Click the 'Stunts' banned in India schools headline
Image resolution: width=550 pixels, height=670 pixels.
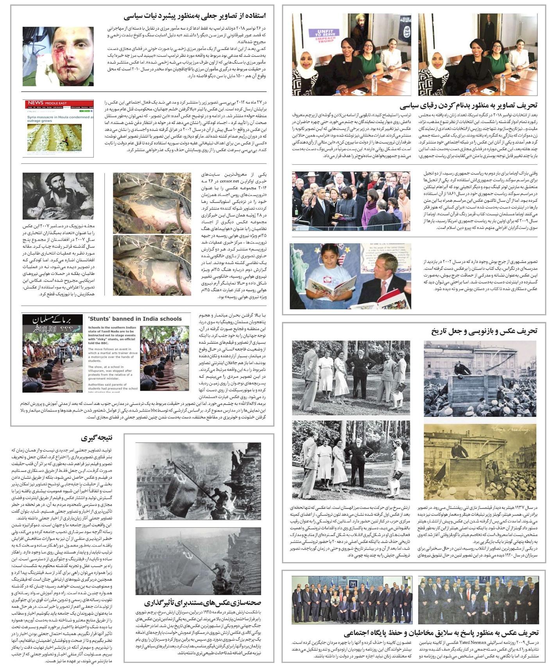[x=134, y=318]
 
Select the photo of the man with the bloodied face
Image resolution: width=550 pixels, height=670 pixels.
[x=58, y=56]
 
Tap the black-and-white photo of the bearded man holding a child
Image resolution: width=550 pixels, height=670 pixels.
[x=58, y=196]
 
